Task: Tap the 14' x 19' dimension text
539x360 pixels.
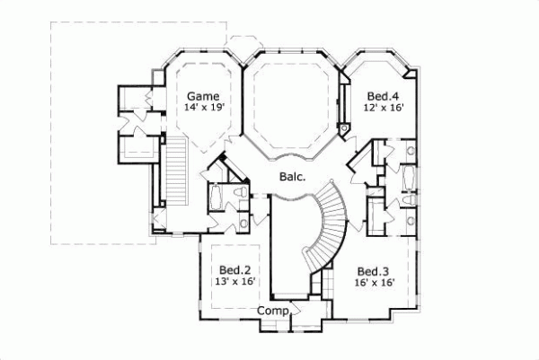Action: (x=203, y=107)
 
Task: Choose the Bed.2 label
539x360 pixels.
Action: (x=234, y=269)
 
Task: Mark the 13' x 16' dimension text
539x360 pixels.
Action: (x=234, y=281)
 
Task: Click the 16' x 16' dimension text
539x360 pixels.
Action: (x=373, y=283)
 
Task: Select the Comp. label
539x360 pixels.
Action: (x=273, y=311)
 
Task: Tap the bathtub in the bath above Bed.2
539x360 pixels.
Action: (x=216, y=198)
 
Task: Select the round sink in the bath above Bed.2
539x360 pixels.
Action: (x=243, y=221)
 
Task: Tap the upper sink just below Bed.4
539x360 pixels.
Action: (x=409, y=150)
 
